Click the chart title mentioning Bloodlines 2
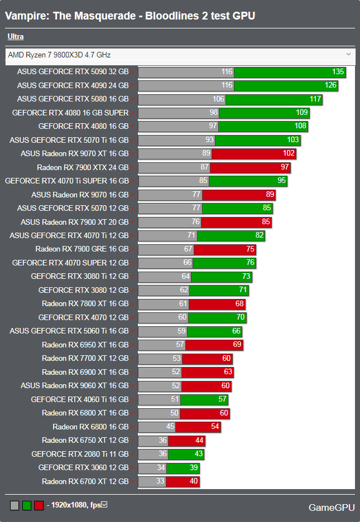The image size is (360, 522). pos(130,16)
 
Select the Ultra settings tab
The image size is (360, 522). pos(16,37)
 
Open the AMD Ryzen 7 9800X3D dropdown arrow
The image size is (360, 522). pos(348,54)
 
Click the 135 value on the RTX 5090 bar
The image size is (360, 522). pos(338,72)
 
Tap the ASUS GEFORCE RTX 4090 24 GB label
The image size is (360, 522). pos(73,85)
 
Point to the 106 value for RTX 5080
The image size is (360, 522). pos(218,99)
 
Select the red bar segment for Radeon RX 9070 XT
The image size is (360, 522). pos(254,154)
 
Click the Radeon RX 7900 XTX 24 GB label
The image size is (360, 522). pos(83,167)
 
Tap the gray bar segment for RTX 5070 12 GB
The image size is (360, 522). pos(170,208)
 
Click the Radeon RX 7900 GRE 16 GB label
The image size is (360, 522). pos(81,249)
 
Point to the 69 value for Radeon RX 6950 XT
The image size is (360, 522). pos(237,345)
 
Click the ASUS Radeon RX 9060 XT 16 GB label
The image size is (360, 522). pos(74,385)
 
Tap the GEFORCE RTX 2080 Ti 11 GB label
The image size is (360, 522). pos(80,454)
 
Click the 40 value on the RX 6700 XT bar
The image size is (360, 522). pos(193,481)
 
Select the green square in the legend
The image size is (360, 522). pos(27,505)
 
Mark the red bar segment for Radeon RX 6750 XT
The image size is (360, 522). pos(186,441)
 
